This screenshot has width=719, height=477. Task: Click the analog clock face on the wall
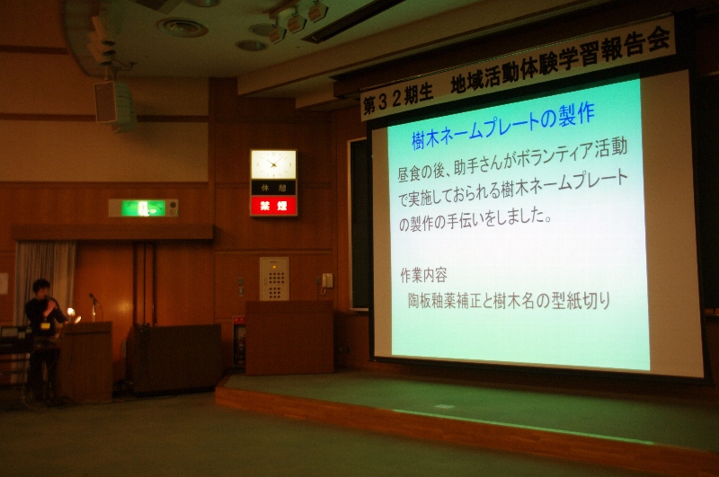click(273, 164)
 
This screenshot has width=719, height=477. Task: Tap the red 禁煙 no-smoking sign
click(274, 207)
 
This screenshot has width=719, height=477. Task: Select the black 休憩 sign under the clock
click(273, 188)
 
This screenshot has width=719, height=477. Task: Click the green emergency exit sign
click(144, 208)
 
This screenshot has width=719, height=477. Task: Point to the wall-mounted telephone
click(327, 281)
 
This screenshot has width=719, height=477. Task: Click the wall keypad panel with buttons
click(274, 279)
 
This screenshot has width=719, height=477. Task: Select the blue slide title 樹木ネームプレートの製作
click(503, 126)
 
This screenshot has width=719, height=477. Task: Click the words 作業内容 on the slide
click(423, 275)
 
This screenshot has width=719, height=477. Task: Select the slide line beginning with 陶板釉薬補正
click(509, 301)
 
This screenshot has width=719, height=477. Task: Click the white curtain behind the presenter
click(45, 280)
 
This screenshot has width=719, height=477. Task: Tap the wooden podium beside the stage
click(289, 337)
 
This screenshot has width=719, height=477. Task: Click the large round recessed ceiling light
click(182, 28)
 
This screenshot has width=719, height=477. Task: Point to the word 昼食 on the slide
click(411, 173)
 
